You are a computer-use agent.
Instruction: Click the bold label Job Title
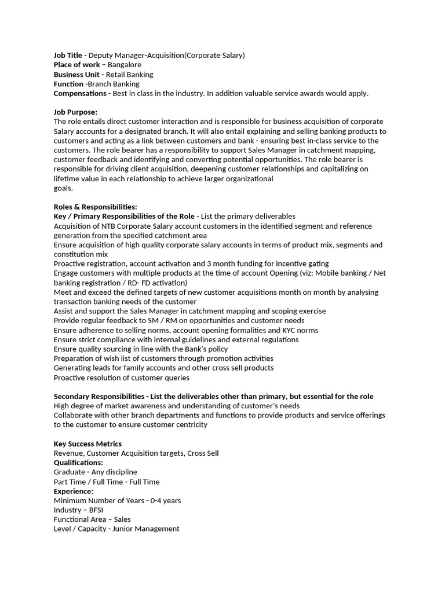pos(68,55)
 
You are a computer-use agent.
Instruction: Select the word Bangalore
pos(124,65)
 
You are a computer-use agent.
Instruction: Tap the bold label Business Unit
pos(76,74)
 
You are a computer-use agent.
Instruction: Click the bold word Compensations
pos(80,93)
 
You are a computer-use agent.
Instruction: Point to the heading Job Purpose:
pos(75,112)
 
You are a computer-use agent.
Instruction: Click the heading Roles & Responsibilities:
pos(95,207)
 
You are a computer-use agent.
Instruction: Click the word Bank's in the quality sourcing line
pos(185,349)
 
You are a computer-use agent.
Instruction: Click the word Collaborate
pos(75,415)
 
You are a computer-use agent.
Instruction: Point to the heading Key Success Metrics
pos(87,444)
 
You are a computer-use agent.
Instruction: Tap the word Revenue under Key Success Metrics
pos(68,453)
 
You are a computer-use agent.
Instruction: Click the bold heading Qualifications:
pos(78,463)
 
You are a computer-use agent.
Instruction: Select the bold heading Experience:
pos(73,491)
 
